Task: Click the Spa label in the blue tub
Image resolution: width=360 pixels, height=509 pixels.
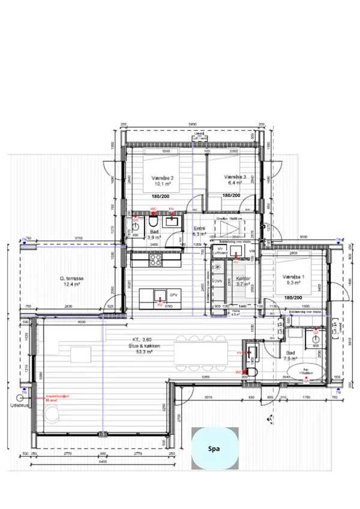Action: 214,449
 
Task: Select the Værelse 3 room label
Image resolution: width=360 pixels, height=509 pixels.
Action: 236,178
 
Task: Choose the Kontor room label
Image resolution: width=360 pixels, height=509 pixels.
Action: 242,279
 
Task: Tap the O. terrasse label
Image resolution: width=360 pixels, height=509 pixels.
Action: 71,279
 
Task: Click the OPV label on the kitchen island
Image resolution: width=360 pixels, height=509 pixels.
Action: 173,295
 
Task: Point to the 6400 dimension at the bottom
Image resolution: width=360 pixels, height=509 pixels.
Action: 102,462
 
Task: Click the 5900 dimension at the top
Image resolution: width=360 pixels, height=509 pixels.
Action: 192,124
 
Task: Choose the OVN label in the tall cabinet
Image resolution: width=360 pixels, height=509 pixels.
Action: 219,280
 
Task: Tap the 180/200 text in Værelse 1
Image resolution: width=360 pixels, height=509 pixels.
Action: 293,298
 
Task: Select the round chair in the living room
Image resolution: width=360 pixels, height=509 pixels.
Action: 52,415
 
